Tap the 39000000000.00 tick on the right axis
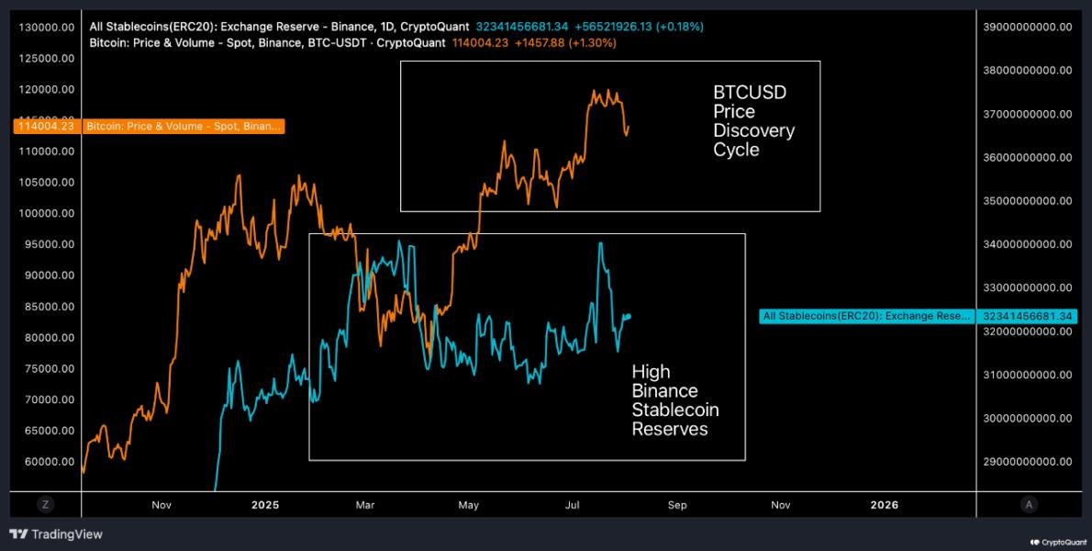[1026, 28]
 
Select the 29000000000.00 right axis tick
[1026, 462]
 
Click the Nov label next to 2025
[162, 504]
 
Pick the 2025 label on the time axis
[264, 504]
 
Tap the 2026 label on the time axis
[884, 504]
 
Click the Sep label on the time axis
[677, 504]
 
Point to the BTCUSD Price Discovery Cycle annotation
[753, 120]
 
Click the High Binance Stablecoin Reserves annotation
[674, 399]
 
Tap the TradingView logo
[56, 534]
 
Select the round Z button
[43, 504]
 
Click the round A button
[1030, 504]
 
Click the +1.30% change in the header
[593, 42]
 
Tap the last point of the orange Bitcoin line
[629, 127]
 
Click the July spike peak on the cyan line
[600, 242]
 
